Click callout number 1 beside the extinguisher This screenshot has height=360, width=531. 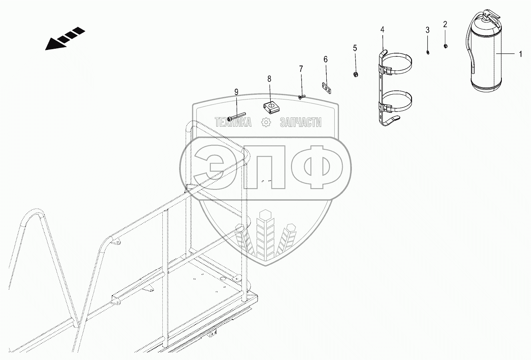[521, 54]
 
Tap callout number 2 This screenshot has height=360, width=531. [445, 24]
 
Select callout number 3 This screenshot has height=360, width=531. [427, 30]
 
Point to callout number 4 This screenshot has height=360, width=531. [382, 30]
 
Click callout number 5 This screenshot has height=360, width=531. [355, 48]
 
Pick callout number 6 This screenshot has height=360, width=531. [325, 60]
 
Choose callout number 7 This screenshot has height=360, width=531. [301, 69]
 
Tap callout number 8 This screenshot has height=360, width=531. [269, 79]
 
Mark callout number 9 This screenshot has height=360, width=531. [236, 92]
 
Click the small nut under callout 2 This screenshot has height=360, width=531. [445, 46]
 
